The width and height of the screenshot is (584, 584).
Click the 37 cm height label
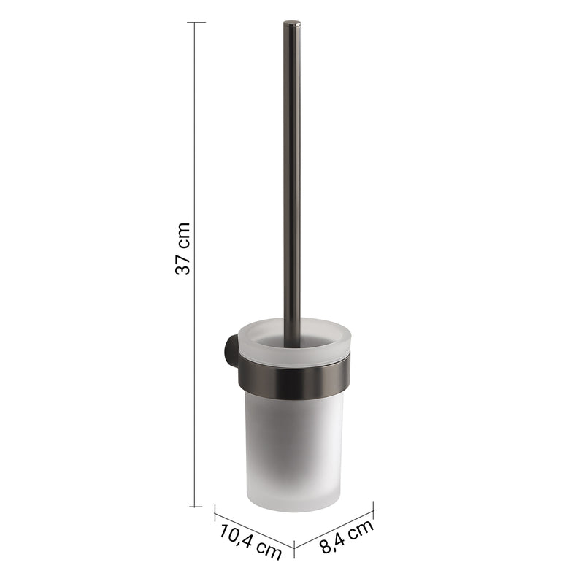[182, 248]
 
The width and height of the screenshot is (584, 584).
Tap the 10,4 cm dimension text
[250, 542]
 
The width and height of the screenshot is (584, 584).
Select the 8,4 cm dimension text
[346, 537]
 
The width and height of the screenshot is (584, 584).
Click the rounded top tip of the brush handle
[292, 23]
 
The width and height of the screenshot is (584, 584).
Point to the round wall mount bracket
[231, 351]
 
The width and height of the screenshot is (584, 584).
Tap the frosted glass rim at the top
[294, 337]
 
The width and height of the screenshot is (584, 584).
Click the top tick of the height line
[196, 23]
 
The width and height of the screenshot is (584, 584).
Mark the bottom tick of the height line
[196, 507]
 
